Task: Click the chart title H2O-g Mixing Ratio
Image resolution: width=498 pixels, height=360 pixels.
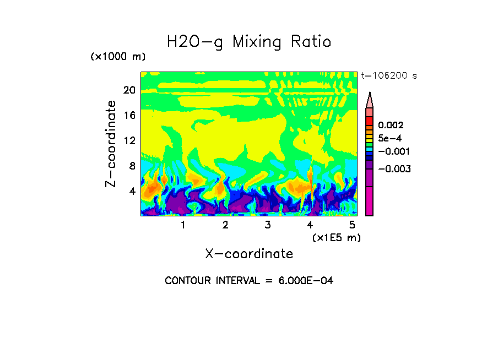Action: pyautogui.click(x=249, y=42)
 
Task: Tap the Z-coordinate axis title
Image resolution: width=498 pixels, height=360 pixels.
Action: pyautogui.click(x=111, y=143)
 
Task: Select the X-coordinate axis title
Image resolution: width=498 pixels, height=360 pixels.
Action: pyautogui.click(x=249, y=254)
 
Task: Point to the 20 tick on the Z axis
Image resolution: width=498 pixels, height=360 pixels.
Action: pyautogui.click(x=129, y=90)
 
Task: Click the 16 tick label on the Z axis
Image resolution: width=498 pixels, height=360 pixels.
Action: pyautogui.click(x=129, y=116)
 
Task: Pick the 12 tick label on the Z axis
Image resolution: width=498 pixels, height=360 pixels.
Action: pyautogui.click(x=129, y=140)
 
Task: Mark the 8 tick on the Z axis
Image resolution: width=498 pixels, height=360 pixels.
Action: pyautogui.click(x=132, y=166)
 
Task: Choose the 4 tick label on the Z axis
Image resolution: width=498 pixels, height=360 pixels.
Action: pyautogui.click(x=132, y=191)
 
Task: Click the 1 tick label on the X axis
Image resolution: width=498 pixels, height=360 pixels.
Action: pyautogui.click(x=183, y=225)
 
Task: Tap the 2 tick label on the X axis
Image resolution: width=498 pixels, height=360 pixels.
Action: pyautogui.click(x=225, y=225)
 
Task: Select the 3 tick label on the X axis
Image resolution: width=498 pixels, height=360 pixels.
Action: pyautogui.click(x=268, y=225)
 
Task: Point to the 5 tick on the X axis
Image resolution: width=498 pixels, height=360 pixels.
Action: pyautogui.click(x=353, y=225)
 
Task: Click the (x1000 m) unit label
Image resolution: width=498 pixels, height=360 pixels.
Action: pyautogui.click(x=117, y=57)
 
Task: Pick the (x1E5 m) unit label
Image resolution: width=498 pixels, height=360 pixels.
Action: pyautogui.click(x=336, y=237)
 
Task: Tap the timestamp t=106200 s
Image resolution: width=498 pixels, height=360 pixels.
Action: pyautogui.click(x=388, y=76)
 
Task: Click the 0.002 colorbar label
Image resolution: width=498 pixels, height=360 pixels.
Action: pyautogui.click(x=391, y=126)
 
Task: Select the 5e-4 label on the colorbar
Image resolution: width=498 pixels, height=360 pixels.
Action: pyautogui.click(x=389, y=138)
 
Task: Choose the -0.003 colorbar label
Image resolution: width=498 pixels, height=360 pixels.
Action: pyautogui.click(x=393, y=169)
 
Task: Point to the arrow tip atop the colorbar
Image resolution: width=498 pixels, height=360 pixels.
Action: pyautogui.click(x=370, y=93)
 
